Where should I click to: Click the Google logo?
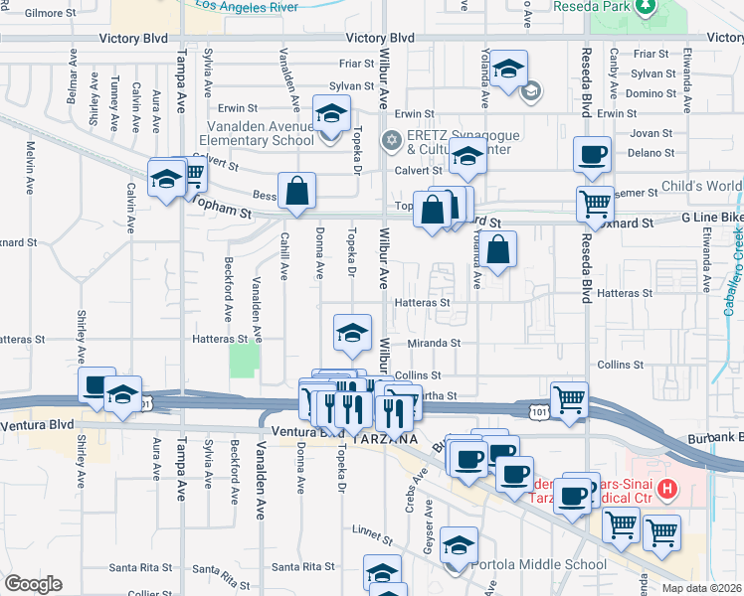33,585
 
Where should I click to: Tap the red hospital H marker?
667,489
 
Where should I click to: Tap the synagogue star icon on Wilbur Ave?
391,138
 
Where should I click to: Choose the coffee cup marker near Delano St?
592,154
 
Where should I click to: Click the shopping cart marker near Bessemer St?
595,204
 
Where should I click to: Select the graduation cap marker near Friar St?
508,69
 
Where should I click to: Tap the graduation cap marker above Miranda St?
352,333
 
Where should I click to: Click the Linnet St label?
372,535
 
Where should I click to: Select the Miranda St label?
435,344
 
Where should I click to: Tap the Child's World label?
702,187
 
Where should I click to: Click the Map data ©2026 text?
702,588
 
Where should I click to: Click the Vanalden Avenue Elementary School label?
261,133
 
